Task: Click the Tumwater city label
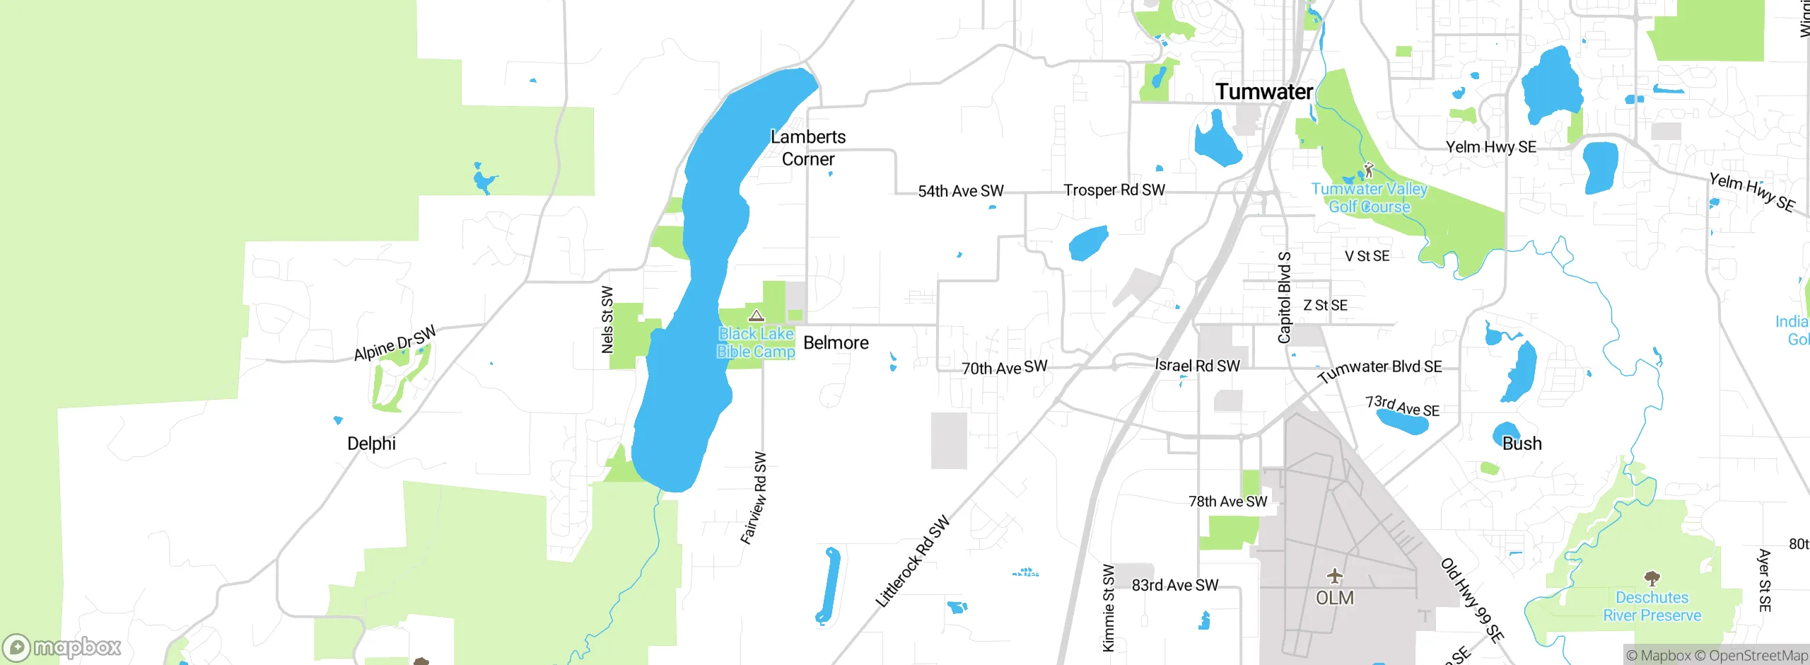(x=1263, y=92)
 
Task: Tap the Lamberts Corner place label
(x=808, y=148)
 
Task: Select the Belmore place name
(x=836, y=343)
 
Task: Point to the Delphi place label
(x=371, y=444)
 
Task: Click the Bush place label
(x=1522, y=444)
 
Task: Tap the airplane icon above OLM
(x=1334, y=576)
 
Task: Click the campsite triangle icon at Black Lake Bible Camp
(x=757, y=316)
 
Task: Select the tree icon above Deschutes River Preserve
(x=1652, y=579)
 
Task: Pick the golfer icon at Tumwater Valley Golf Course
(x=1368, y=170)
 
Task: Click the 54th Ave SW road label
(x=960, y=191)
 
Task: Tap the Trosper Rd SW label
(x=1114, y=190)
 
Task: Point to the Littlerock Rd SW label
(x=912, y=562)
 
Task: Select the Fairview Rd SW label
(x=754, y=498)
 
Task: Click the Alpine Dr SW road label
(x=395, y=343)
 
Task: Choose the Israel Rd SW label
(x=1197, y=366)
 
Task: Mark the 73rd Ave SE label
(x=1401, y=406)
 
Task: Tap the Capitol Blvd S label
(x=1285, y=297)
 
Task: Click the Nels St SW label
(x=607, y=319)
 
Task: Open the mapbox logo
(x=62, y=647)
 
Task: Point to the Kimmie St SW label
(x=1109, y=607)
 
